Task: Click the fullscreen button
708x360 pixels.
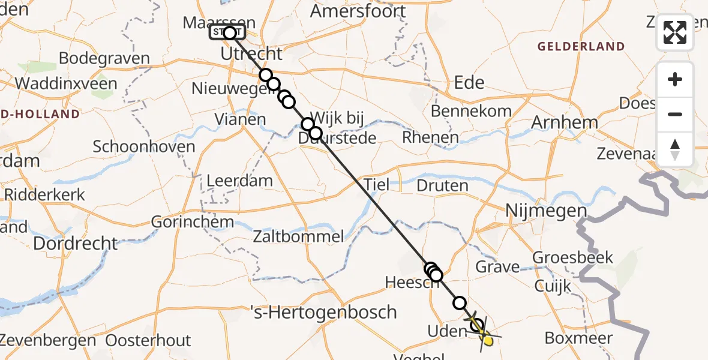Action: click(675, 32)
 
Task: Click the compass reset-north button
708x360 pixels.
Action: click(675, 149)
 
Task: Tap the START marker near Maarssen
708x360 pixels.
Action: click(227, 32)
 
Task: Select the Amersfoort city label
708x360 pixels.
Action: click(367, 11)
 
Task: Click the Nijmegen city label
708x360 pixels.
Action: click(546, 211)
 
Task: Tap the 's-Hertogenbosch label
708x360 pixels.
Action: click(323, 312)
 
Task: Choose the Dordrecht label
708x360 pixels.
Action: click(76, 243)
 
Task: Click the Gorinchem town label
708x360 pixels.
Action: click(193, 221)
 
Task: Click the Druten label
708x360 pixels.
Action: click(442, 185)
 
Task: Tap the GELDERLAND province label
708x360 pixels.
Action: click(581, 46)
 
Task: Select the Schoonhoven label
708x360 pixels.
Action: click(144, 147)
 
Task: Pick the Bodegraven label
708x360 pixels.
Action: click(104, 59)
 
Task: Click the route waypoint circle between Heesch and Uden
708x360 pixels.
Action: click(460, 303)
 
